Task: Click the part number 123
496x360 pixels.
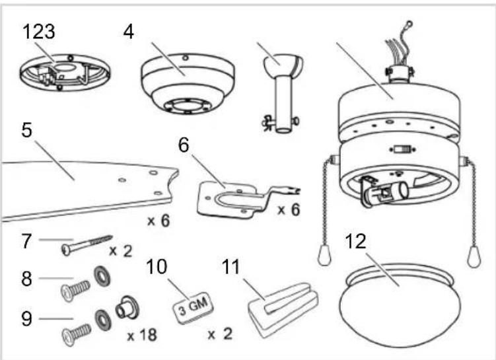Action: click(x=38, y=32)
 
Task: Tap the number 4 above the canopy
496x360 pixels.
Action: click(x=128, y=32)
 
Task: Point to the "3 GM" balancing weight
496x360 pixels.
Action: click(x=193, y=308)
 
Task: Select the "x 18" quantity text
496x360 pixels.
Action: click(x=142, y=335)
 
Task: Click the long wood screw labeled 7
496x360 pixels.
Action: click(x=87, y=244)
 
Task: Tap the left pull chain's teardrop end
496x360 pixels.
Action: click(x=324, y=256)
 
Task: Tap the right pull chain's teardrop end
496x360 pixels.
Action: click(x=474, y=256)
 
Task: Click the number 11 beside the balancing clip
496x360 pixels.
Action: click(x=231, y=267)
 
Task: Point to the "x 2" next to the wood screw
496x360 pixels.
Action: click(x=120, y=251)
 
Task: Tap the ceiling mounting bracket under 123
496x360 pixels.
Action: click(x=65, y=73)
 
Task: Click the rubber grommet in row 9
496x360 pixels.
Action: click(x=127, y=307)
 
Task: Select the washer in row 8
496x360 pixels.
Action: click(x=102, y=276)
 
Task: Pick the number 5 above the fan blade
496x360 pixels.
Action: click(x=26, y=130)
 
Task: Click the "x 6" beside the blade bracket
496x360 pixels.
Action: click(x=288, y=210)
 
